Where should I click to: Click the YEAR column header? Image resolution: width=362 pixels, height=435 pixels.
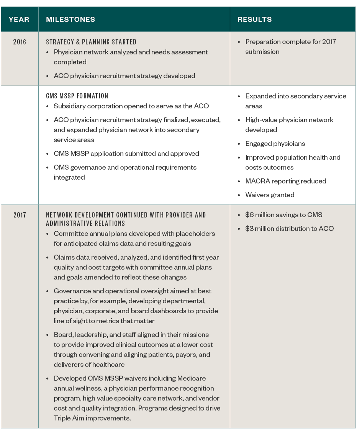point(19,20)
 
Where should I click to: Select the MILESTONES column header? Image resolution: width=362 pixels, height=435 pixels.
point(70,20)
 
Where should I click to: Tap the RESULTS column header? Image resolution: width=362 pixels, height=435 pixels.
point(254,20)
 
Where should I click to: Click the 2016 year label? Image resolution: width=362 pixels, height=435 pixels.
point(20,42)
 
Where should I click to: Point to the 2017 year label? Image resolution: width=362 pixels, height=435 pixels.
point(20,215)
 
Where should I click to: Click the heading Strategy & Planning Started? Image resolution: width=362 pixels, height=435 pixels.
point(91,42)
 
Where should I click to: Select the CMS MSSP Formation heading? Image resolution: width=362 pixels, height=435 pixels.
point(77,96)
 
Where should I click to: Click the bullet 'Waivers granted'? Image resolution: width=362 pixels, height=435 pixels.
point(270,195)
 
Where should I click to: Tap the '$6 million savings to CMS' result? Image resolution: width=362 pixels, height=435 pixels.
point(283,215)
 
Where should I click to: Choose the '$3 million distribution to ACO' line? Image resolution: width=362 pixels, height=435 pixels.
point(289,229)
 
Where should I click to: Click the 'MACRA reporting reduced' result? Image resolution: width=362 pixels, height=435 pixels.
point(286,181)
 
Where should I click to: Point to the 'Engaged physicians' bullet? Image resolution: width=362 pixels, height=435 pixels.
point(275,144)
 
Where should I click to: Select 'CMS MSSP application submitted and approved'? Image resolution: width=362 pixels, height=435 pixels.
point(126,154)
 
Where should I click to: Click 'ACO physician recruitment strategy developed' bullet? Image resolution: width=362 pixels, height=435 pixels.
point(124,76)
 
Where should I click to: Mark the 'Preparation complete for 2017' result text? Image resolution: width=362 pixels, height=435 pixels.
point(290,42)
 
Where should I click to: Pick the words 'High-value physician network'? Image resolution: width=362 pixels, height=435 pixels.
point(289,120)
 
